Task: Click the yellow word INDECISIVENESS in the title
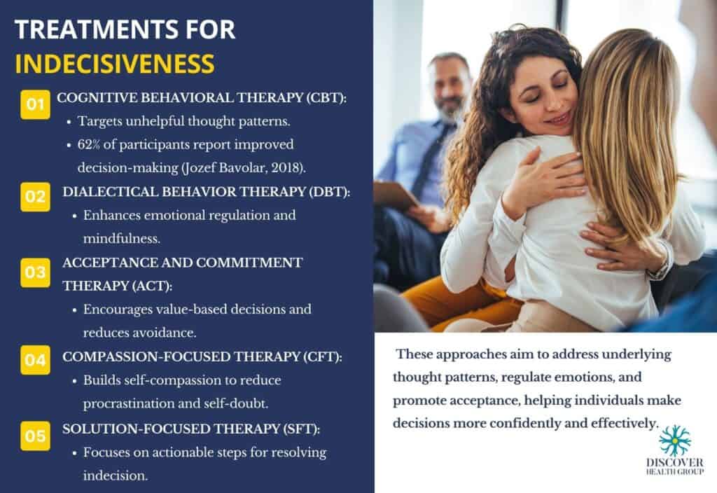pyautogui.click(x=115, y=64)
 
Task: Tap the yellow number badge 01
pyautogui.click(x=35, y=104)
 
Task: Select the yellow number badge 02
pyautogui.click(x=35, y=197)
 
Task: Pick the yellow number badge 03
pyautogui.click(x=35, y=272)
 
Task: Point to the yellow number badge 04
pyautogui.click(x=35, y=360)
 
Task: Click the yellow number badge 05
pyautogui.click(x=35, y=436)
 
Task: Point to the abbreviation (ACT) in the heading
pyautogui.click(x=152, y=286)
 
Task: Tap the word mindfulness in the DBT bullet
pyautogui.click(x=122, y=239)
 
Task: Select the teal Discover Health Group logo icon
pyautogui.click(x=675, y=440)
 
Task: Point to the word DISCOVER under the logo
pyautogui.click(x=675, y=462)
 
